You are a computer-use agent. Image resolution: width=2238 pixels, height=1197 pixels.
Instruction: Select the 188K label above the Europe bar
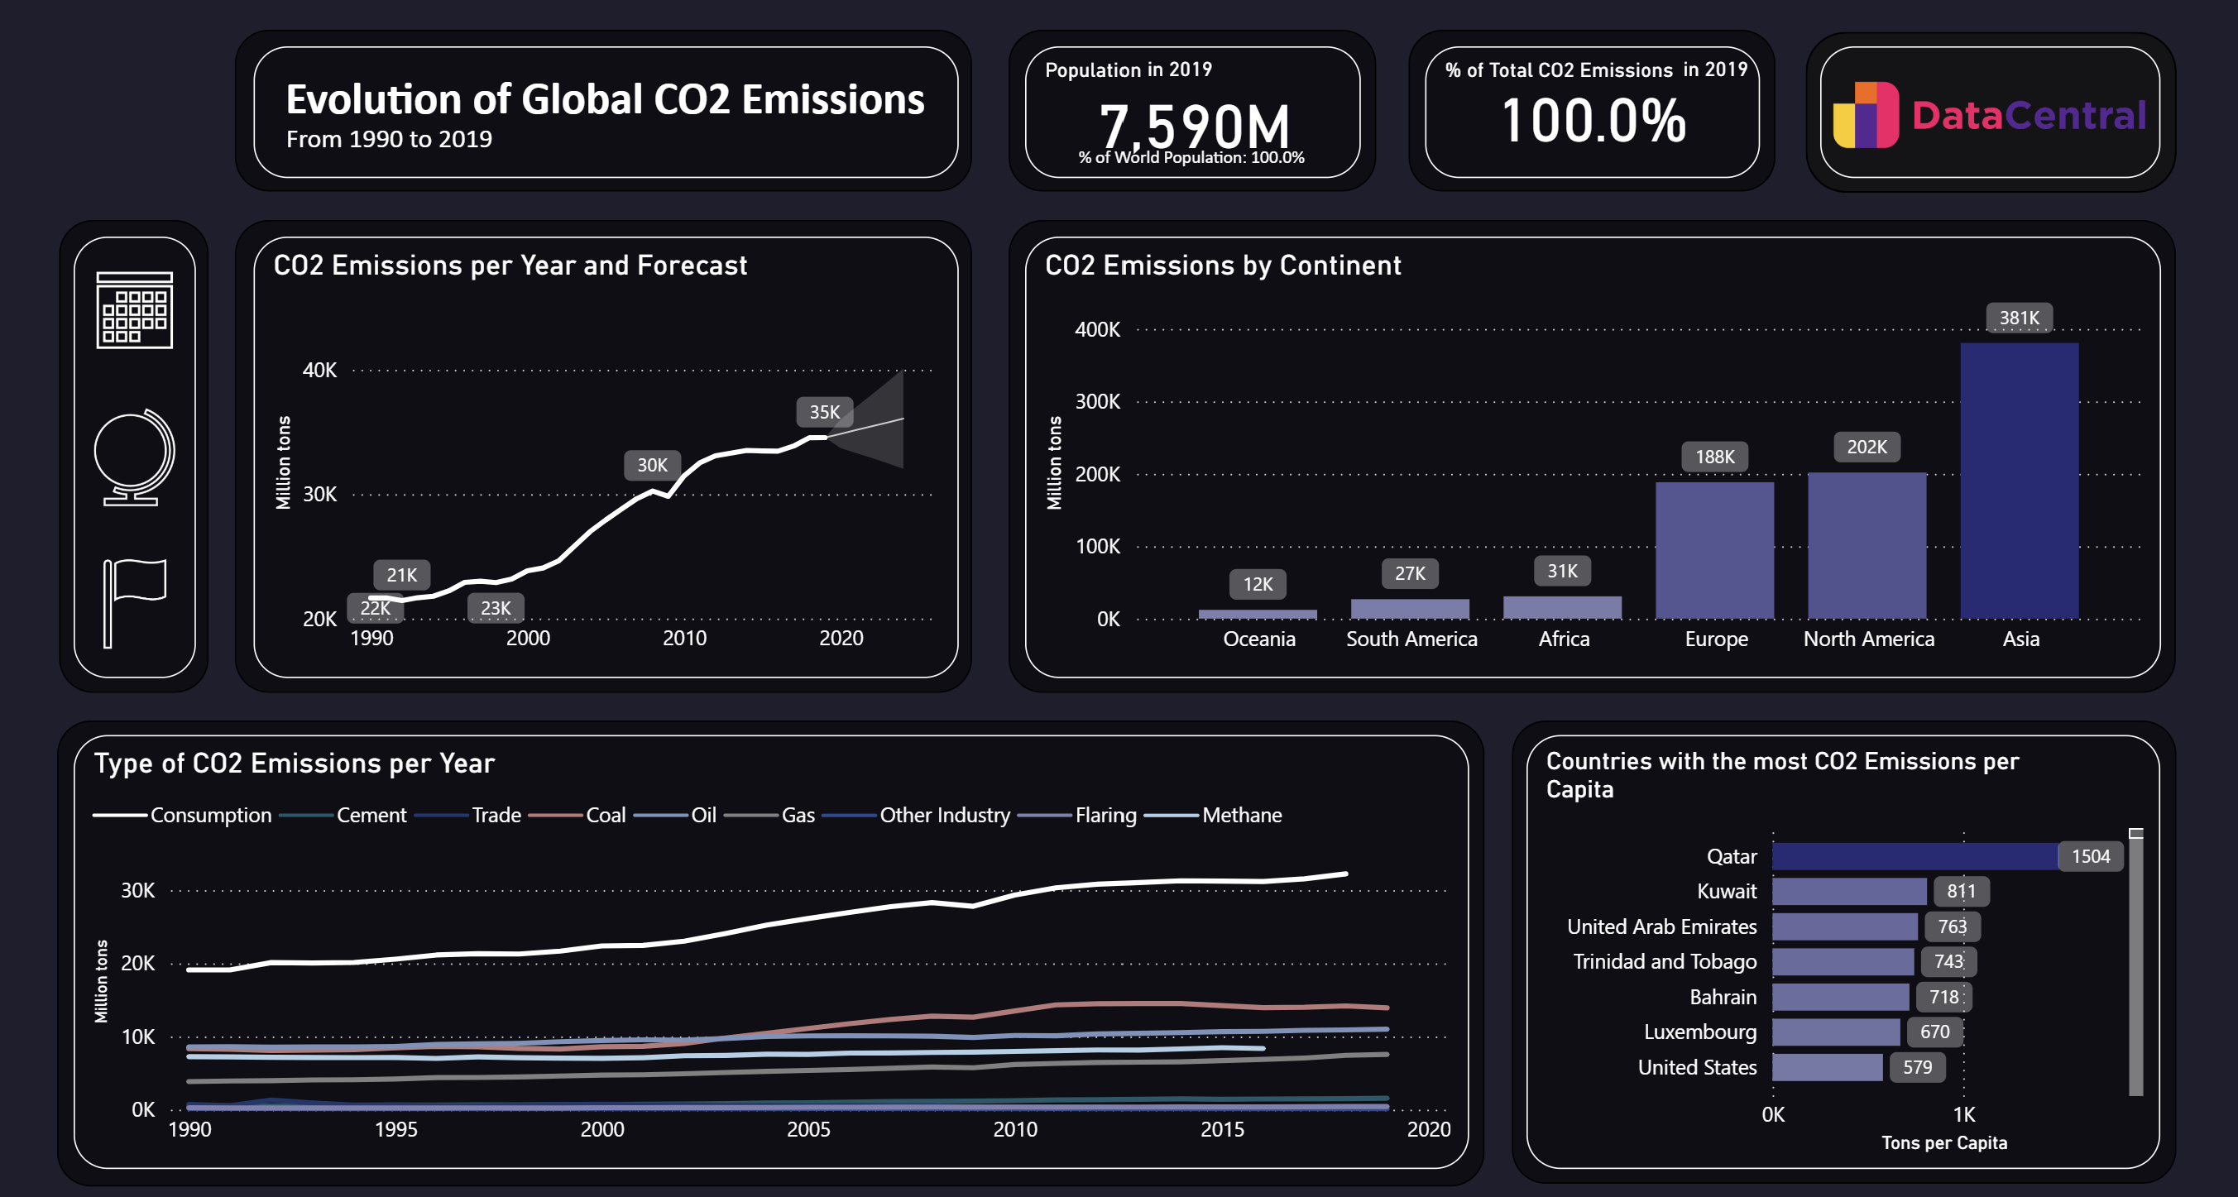pyautogui.click(x=1714, y=457)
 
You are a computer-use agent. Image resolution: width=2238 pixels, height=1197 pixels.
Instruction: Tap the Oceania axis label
pyautogui.click(x=1259, y=639)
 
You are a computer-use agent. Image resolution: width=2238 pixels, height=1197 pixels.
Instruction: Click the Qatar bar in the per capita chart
pyautogui.click(x=1914, y=856)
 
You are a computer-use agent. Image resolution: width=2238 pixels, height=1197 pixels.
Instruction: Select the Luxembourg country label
pyautogui.click(x=1699, y=1032)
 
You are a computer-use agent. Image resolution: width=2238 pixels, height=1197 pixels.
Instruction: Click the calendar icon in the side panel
pyautogui.click(x=135, y=310)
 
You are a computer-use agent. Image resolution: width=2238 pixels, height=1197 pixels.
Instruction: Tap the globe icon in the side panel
pyautogui.click(x=134, y=457)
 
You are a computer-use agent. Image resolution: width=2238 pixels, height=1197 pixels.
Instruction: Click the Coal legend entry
pyautogui.click(x=605, y=815)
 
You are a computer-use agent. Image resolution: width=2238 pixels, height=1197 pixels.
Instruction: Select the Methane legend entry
pyautogui.click(x=1241, y=815)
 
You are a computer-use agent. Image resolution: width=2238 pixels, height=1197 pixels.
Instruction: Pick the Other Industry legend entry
pyautogui.click(x=943, y=815)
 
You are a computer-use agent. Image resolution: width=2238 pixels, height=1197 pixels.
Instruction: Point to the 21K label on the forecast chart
pyautogui.click(x=401, y=575)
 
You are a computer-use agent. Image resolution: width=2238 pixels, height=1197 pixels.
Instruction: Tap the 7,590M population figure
pyautogui.click(x=1194, y=126)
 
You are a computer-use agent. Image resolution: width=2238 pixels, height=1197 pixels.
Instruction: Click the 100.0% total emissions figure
pyautogui.click(x=1593, y=121)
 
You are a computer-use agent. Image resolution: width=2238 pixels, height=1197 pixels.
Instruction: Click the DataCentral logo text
pyautogui.click(x=2028, y=116)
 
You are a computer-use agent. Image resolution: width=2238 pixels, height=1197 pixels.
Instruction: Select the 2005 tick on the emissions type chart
pyautogui.click(x=808, y=1129)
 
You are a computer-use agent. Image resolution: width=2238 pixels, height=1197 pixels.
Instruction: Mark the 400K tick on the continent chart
pyautogui.click(x=1096, y=330)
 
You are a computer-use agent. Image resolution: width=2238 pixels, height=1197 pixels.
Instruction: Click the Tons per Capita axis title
pyautogui.click(x=1943, y=1143)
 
